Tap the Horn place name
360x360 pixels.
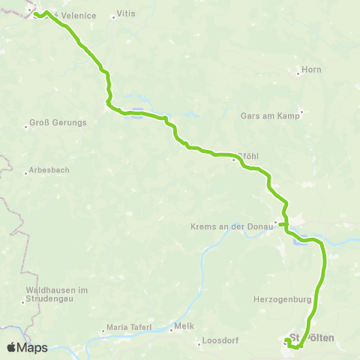point(312,70)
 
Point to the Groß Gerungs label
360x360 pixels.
point(58,122)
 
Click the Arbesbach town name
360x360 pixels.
point(50,170)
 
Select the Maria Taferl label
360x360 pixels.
point(130,328)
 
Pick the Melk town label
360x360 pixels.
point(184,326)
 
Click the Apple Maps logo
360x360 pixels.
point(28,347)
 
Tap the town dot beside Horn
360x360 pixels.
point(298,70)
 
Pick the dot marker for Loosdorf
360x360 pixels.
point(200,343)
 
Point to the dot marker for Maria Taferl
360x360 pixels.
point(104,331)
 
